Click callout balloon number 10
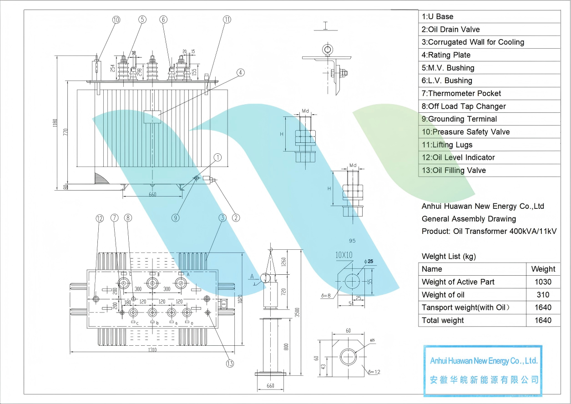pos(116,20)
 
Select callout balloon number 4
pos(240,72)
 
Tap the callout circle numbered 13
pos(230,363)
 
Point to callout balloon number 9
pos(175,217)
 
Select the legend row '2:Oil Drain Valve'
pos(450,29)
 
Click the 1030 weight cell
pos(543,282)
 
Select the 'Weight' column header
pos(543,269)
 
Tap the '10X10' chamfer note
pos(344,255)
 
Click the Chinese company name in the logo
pos(484,379)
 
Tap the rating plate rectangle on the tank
pos(152,116)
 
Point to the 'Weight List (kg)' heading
pos(449,256)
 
